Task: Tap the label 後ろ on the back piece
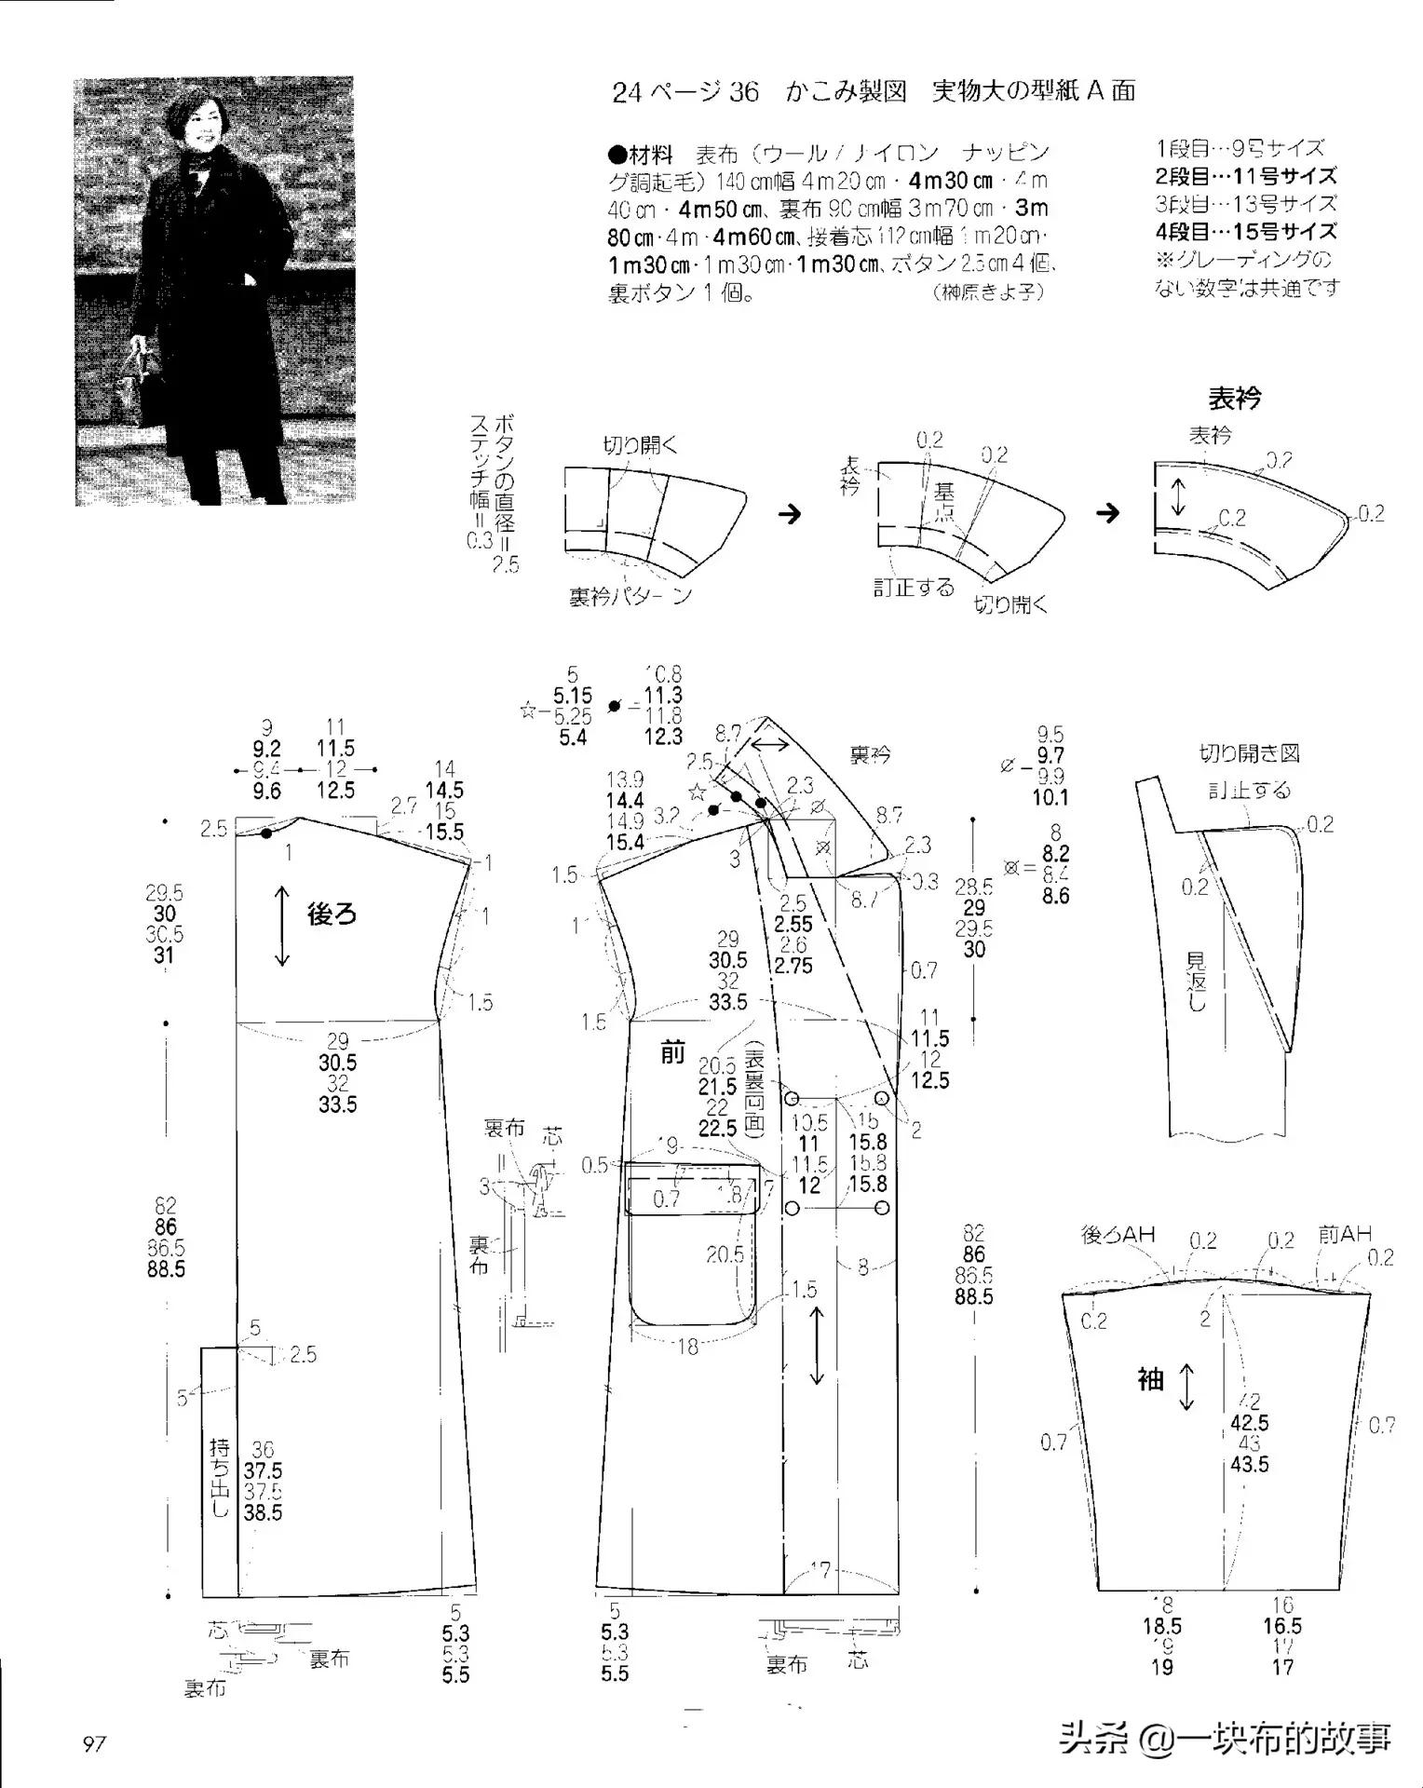click(x=332, y=914)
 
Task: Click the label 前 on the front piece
click(x=672, y=1053)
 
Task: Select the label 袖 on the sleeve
click(x=1151, y=1379)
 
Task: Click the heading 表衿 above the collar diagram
click(x=1234, y=399)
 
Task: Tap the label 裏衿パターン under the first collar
click(x=630, y=596)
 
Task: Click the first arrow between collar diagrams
click(x=790, y=514)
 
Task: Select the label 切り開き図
click(x=1249, y=753)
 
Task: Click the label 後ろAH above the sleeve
click(x=1118, y=1235)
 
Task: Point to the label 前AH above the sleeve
click(x=1345, y=1235)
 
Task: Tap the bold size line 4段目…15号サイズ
click(x=1246, y=232)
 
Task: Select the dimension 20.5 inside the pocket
click(x=725, y=1254)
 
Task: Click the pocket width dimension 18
click(x=687, y=1346)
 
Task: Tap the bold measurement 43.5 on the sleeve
click(x=1249, y=1465)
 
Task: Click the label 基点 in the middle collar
click(x=944, y=500)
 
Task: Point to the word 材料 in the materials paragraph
click(x=651, y=154)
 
